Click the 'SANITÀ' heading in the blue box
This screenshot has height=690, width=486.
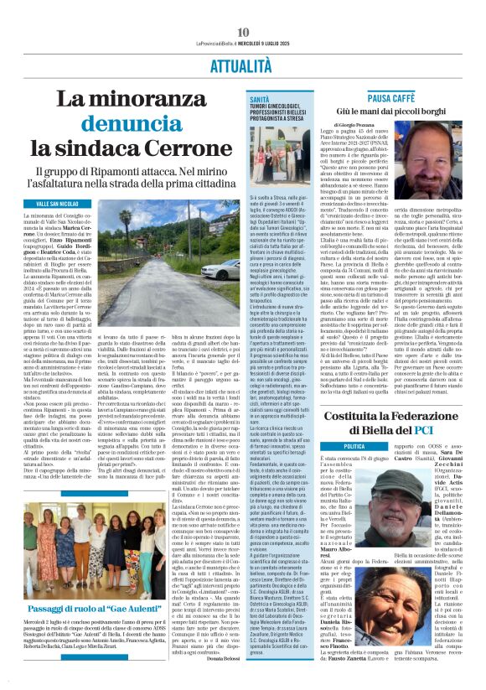pyautogui.click(x=261, y=98)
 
